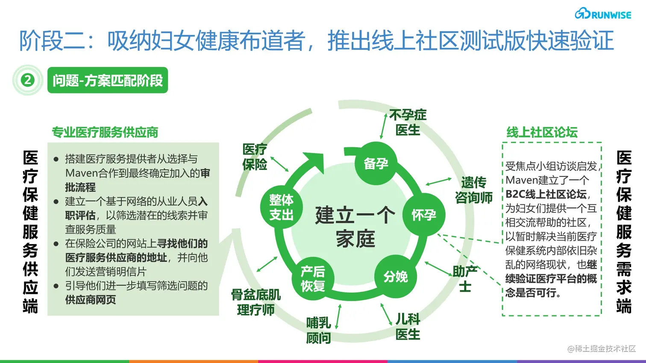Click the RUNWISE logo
(603, 14)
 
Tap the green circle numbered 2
(28, 80)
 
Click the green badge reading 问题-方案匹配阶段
(107, 80)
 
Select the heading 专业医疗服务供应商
(105, 132)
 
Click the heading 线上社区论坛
(542, 132)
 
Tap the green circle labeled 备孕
(376, 163)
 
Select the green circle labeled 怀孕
(424, 215)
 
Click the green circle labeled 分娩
(396, 277)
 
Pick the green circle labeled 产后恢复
(313, 279)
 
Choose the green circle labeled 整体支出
(282, 207)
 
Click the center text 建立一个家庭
(355, 227)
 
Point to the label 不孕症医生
(408, 122)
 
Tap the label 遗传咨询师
(473, 190)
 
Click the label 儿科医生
(408, 326)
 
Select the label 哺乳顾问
(318, 330)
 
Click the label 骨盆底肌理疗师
(255, 302)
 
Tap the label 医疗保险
(255, 157)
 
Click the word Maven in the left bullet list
(81, 173)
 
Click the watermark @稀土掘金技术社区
(602, 349)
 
